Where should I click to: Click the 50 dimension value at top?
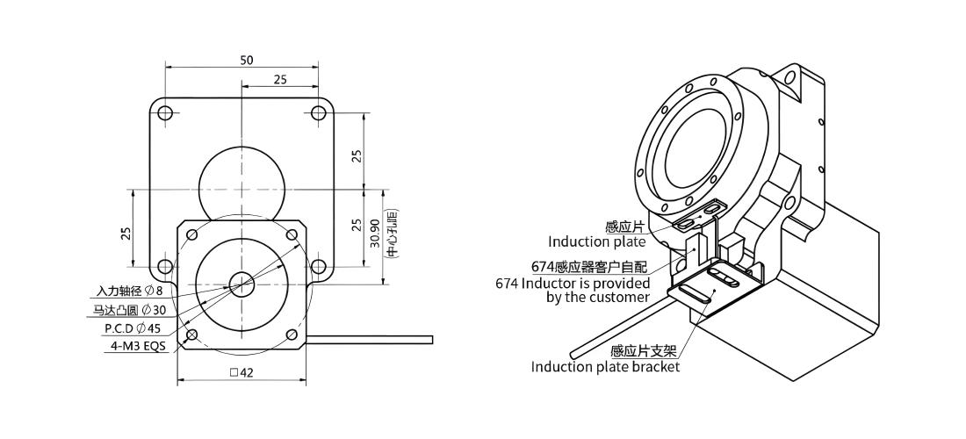pos(247,60)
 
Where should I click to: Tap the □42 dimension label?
pos(241,372)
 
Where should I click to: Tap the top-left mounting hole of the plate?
pos(165,113)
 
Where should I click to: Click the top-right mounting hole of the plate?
pos(318,113)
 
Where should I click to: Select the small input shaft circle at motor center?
pos(241,284)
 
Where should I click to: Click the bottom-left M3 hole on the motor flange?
pos(191,335)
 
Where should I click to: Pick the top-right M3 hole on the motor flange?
pos(292,234)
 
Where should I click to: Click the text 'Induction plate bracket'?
pos(606,367)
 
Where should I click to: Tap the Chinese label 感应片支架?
pos(644,351)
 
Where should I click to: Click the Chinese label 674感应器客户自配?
pos(589,267)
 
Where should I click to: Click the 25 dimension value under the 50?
pos(280,79)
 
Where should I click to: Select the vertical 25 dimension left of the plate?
pos(126,234)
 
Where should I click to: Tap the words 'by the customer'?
pos(598,298)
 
